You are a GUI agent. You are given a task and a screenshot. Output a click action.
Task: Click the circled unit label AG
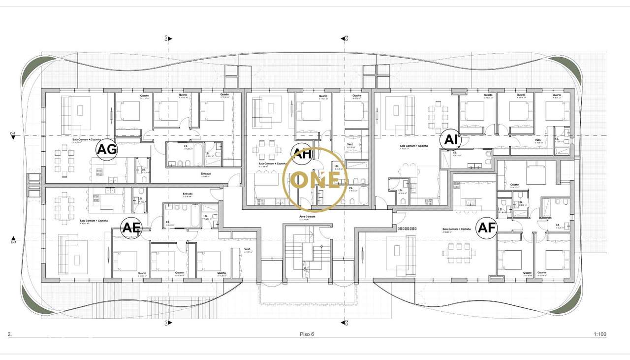pyautogui.click(x=107, y=149)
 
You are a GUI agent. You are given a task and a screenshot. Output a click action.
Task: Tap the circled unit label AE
pyautogui.click(x=131, y=228)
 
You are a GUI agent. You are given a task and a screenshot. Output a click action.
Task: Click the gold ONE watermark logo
pyautogui.click(x=315, y=179)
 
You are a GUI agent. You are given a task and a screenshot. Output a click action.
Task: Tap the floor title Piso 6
pyautogui.click(x=307, y=334)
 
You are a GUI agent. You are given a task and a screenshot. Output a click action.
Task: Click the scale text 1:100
pyautogui.click(x=599, y=334)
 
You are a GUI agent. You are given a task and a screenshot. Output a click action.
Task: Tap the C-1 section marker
pyautogui.click(x=13, y=241)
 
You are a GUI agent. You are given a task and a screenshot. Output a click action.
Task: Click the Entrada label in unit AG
pyautogui.click(x=206, y=173)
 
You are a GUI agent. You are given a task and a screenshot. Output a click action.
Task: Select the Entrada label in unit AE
pyautogui.click(x=188, y=194)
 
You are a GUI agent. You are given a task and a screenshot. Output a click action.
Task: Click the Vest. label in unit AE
pyautogui.click(x=247, y=249)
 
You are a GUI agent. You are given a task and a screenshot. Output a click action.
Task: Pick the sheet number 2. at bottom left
pyautogui.click(x=9, y=334)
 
